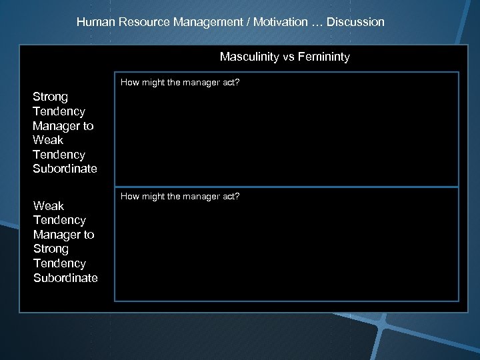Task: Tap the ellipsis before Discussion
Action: coord(319,22)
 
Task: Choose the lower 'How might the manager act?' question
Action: coord(180,196)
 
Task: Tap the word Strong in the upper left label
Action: coord(51,97)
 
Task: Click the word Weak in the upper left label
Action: coord(48,140)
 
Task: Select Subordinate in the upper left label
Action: coord(65,169)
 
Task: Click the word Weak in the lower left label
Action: coord(49,205)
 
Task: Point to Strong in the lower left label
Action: coord(51,249)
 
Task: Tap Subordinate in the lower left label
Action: coord(65,277)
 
